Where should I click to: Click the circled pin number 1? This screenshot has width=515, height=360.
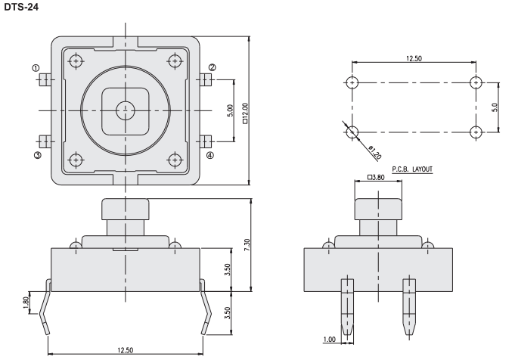pyautogui.click(x=36, y=68)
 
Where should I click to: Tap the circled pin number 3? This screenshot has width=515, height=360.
pyautogui.click(x=36, y=155)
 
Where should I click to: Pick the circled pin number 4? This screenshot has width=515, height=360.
pyautogui.click(x=210, y=155)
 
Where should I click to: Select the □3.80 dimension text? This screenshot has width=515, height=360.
pyautogui.click(x=375, y=178)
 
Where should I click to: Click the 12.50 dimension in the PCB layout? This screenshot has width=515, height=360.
pyautogui.click(x=414, y=58)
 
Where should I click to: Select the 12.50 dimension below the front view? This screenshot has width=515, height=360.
pyautogui.click(x=126, y=349)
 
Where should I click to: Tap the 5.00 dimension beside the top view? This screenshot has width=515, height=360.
pyautogui.click(x=230, y=111)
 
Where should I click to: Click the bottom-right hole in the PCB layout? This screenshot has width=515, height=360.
pyautogui.click(x=476, y=132)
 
